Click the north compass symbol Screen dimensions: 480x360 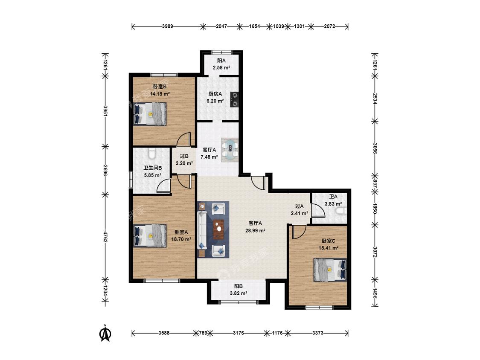[x=106, y=334]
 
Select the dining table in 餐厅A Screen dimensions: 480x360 [x=230, y=150]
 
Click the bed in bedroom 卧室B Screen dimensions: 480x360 [x=150, y=114]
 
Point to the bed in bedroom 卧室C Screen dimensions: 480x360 [x=330, y=270]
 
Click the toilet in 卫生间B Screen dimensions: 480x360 [x=151, y=153]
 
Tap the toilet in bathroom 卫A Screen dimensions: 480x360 [x=341, y=211]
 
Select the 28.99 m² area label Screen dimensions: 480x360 [x=255, y=231]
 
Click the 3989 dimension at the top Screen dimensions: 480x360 [x=167, y=26]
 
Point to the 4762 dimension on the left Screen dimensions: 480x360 [x=105, y=237]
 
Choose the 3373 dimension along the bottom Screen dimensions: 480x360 [x=318, y=333]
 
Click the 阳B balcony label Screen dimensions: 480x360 [x=239, y=286]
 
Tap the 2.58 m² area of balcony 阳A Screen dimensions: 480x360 [x=221, y=68]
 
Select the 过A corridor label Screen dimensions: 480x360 [x=299, y=206]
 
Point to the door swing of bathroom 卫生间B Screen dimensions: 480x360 [x=163, y=186]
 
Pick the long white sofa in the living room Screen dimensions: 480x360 [x=202, y=229]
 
